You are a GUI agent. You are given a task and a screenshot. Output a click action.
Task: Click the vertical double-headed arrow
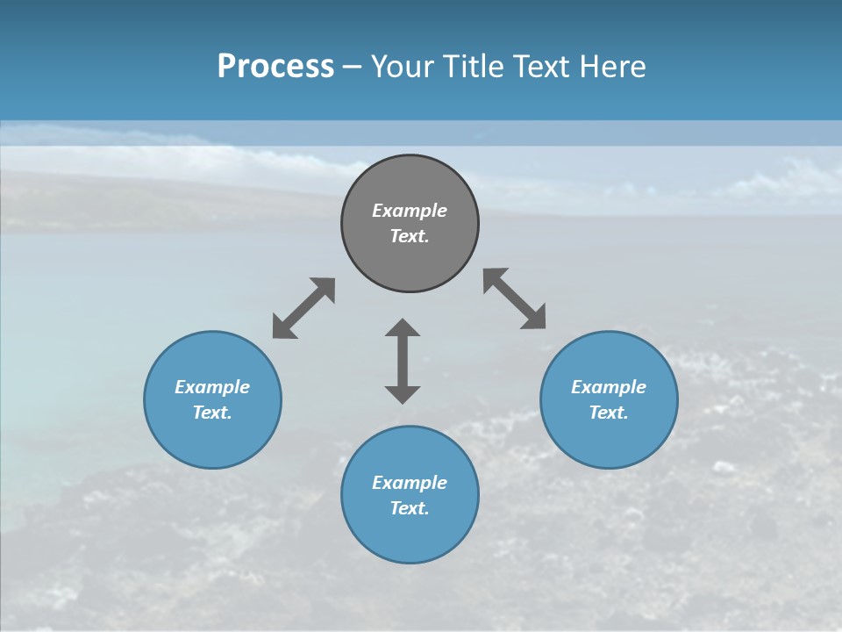tap(403, 361)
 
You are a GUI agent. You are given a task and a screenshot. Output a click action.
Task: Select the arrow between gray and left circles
tap(303, 308)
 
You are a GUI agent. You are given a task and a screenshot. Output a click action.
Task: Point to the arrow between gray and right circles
tap(514, 298)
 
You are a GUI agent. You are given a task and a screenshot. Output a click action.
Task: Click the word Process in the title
tap(275, 66)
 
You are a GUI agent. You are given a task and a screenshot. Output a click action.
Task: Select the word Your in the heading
tap(403, 66)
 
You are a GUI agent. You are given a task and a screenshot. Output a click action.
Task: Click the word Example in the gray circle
tap(410, 211)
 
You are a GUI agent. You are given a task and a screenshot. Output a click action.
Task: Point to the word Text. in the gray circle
tap(410, 236)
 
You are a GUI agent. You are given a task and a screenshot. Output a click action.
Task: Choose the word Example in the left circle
tap(212, 387)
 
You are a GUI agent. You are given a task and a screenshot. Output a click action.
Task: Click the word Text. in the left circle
tap(212, 413)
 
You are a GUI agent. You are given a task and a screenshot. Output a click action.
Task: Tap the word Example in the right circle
tap(609, 387)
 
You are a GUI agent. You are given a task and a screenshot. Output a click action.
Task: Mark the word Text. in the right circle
tap(609, 413)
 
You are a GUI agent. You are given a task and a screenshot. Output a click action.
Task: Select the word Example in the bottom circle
tap(410, 483)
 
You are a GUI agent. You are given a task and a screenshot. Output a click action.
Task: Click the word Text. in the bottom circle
tap(410, 508)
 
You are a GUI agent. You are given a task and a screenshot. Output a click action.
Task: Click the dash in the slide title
tap(353, 67)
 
